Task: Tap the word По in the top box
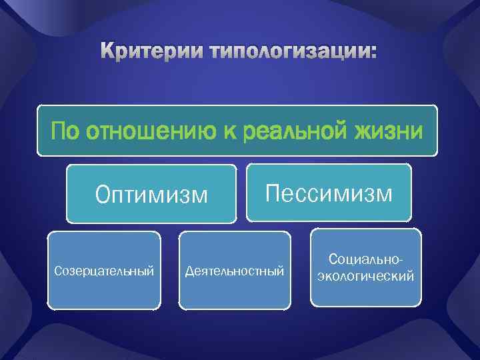[64, 131]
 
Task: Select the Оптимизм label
[151, 195]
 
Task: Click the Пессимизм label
[329, 194]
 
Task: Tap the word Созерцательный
[104, 271]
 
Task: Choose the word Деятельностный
[234, 271]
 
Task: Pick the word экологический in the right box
[365, 275]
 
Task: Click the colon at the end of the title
[372, 53]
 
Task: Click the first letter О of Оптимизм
[103, 195]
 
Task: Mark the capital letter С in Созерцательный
[57, 271]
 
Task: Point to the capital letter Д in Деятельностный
[188, 271]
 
